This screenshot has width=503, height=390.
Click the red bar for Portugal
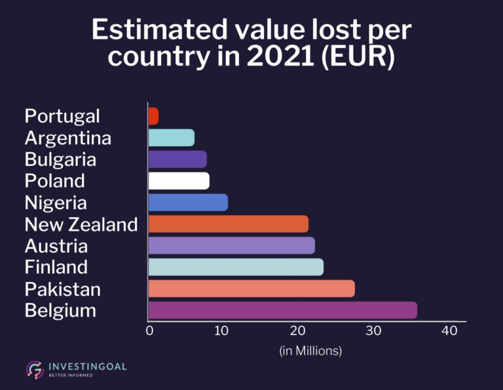pos(154,116)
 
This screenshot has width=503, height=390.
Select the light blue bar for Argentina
pos(172,138)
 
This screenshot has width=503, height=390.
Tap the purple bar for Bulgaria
pos(177,159)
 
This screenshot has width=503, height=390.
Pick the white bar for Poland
pos(179,181)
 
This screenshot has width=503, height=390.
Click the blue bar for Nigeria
pos(188,203)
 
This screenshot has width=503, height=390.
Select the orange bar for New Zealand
pos(228,224)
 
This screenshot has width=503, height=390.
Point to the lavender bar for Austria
pos(231,245)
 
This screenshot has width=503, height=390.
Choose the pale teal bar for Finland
pos(236,267)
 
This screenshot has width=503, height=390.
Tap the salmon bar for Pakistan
pos(251,288)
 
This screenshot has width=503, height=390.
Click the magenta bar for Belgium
pos(282,310)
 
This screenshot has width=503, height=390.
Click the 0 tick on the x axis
pos(149,331)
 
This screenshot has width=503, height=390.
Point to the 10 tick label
pos(223,331)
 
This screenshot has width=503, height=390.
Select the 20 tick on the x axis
pos(299,331)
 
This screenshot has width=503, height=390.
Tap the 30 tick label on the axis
pos(373,331)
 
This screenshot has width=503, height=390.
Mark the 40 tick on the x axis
pos(449,331)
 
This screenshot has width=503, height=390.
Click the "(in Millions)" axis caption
pos(311,351)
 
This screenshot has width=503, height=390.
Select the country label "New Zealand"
pos(81,224)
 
